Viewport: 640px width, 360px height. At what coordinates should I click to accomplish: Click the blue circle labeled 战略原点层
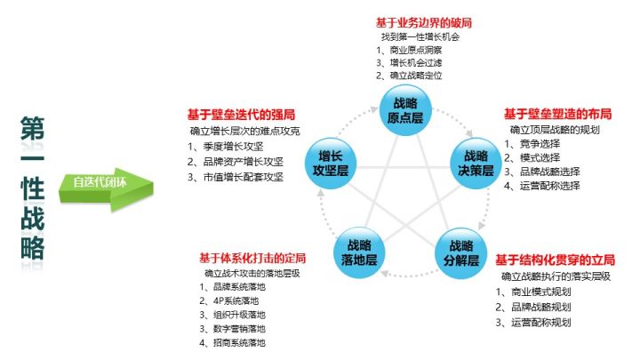pos(405,110)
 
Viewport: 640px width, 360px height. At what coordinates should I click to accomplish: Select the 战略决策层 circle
pos(476,164)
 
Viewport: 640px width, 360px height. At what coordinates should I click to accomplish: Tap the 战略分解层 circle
pos(460,253)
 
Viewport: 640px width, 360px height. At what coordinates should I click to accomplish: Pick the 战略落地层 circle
pos(359,252)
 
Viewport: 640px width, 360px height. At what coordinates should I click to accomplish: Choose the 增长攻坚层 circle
pos(331,164)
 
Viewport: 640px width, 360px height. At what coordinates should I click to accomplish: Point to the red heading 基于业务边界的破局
pos(424,22)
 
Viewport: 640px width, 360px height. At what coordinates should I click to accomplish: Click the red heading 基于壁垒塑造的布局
pos(557,114)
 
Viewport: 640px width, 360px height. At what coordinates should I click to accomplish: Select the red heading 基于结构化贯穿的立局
pos(555,260)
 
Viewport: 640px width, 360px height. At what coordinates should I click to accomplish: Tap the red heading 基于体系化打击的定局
pos(252,258)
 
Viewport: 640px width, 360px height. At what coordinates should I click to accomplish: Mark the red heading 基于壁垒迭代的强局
pos(241,115)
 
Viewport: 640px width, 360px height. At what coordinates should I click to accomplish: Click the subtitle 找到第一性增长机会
pos(420,36)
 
